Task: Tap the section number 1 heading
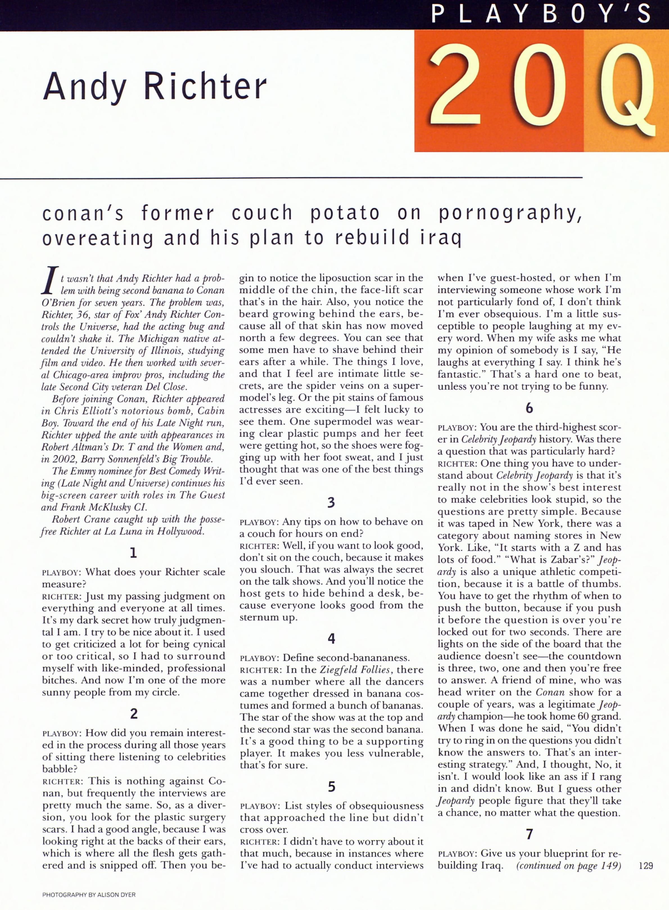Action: click(133, 553)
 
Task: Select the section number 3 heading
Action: click(331, 502)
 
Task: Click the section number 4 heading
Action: click(331, 639)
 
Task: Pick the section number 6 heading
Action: click(529, 408)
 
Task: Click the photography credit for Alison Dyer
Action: click(89, 894)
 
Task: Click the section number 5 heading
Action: click(331, 787)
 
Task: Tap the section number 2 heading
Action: click(134, 713)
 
